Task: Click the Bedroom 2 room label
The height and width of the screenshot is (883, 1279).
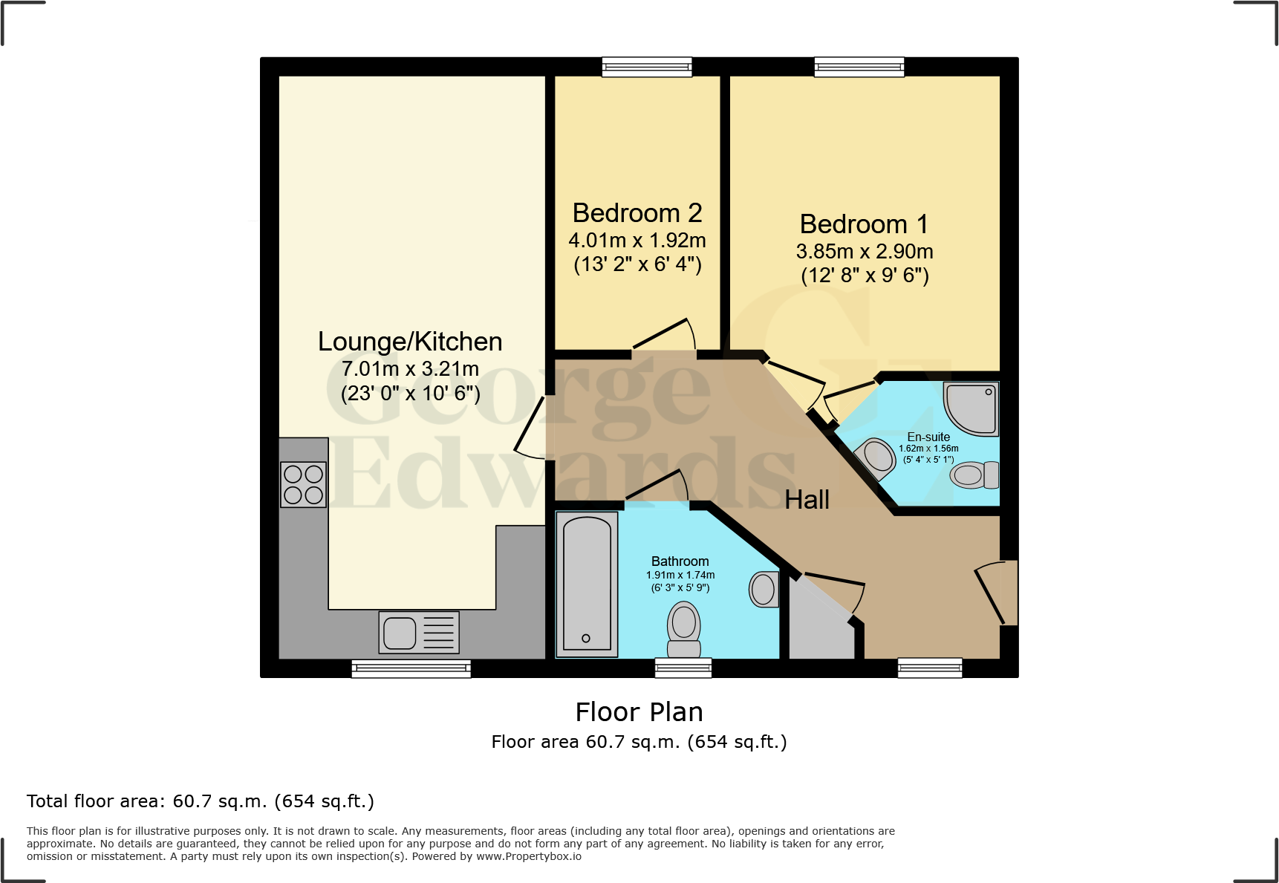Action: click(637, 213)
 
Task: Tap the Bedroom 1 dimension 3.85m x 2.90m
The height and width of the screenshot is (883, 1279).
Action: click(865, 252)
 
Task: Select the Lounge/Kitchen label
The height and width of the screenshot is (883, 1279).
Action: click(410, 342)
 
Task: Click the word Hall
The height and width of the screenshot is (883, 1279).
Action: click(807, 500)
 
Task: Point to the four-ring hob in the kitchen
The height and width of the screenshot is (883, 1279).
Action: click(303, 484)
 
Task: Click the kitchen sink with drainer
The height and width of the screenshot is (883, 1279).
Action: click(418, 632)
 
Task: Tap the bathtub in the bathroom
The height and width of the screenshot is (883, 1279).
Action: click(587, 584)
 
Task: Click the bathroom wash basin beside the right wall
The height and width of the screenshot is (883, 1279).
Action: click(764, 589)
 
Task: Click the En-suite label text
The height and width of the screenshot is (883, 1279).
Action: click(928, 437)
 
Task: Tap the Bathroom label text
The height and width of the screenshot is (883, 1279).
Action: click(680, 561)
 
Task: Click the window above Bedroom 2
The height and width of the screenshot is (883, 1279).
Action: click(647, 67)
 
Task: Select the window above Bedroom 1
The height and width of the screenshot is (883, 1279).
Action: click(859, 67)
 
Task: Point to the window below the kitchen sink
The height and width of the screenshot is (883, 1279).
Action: click(411, 668)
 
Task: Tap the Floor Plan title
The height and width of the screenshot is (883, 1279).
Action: click(639, 712)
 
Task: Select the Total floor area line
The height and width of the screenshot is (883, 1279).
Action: click(201, 801)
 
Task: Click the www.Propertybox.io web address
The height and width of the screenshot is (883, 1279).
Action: click(528, 856)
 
